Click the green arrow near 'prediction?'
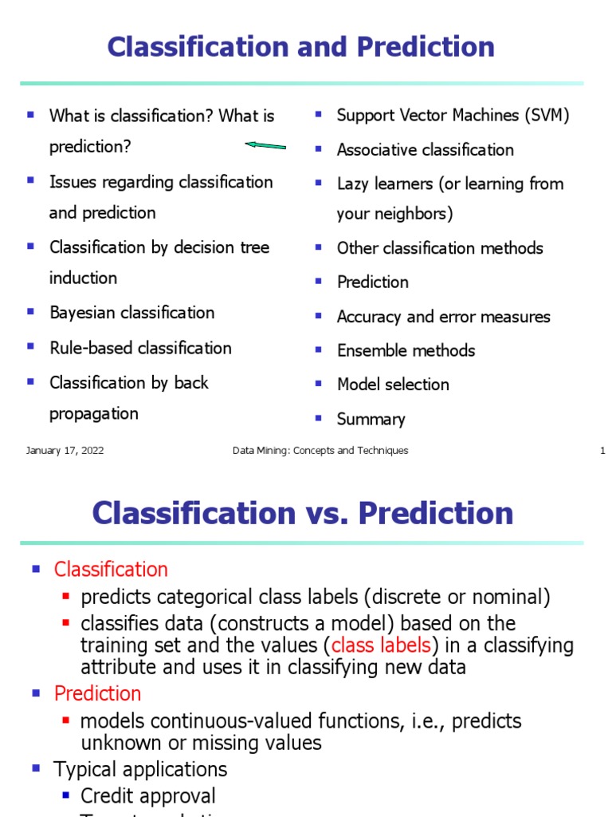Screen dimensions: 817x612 pos(265,146)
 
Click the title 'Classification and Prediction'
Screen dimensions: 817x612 pos(301,47)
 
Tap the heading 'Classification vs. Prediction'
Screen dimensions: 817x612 pos(303,512)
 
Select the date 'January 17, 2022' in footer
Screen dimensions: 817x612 pos(65,451)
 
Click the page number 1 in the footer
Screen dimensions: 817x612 pos(602,451)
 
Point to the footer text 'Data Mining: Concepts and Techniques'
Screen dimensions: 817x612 pos(320,451)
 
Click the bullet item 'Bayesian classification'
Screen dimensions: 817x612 pos(131,313)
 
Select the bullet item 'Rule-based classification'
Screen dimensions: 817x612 pos(140,348)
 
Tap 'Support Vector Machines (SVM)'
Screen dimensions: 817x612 pos(453,116)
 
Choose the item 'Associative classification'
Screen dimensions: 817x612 pos(425,150)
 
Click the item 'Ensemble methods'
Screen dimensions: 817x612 pos(406,351)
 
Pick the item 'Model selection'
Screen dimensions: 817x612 pos(393,385)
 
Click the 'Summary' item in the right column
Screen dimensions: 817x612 pos(371,420)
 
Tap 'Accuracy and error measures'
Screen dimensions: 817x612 pos(443,317)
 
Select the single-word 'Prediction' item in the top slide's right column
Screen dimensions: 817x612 pos(372,282)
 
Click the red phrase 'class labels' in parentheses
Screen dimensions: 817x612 pos(381,645)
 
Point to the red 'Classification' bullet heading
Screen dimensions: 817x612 pos(111,570)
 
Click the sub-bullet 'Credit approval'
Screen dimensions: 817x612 pos(148,796)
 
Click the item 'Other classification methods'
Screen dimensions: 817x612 pos(440,248)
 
